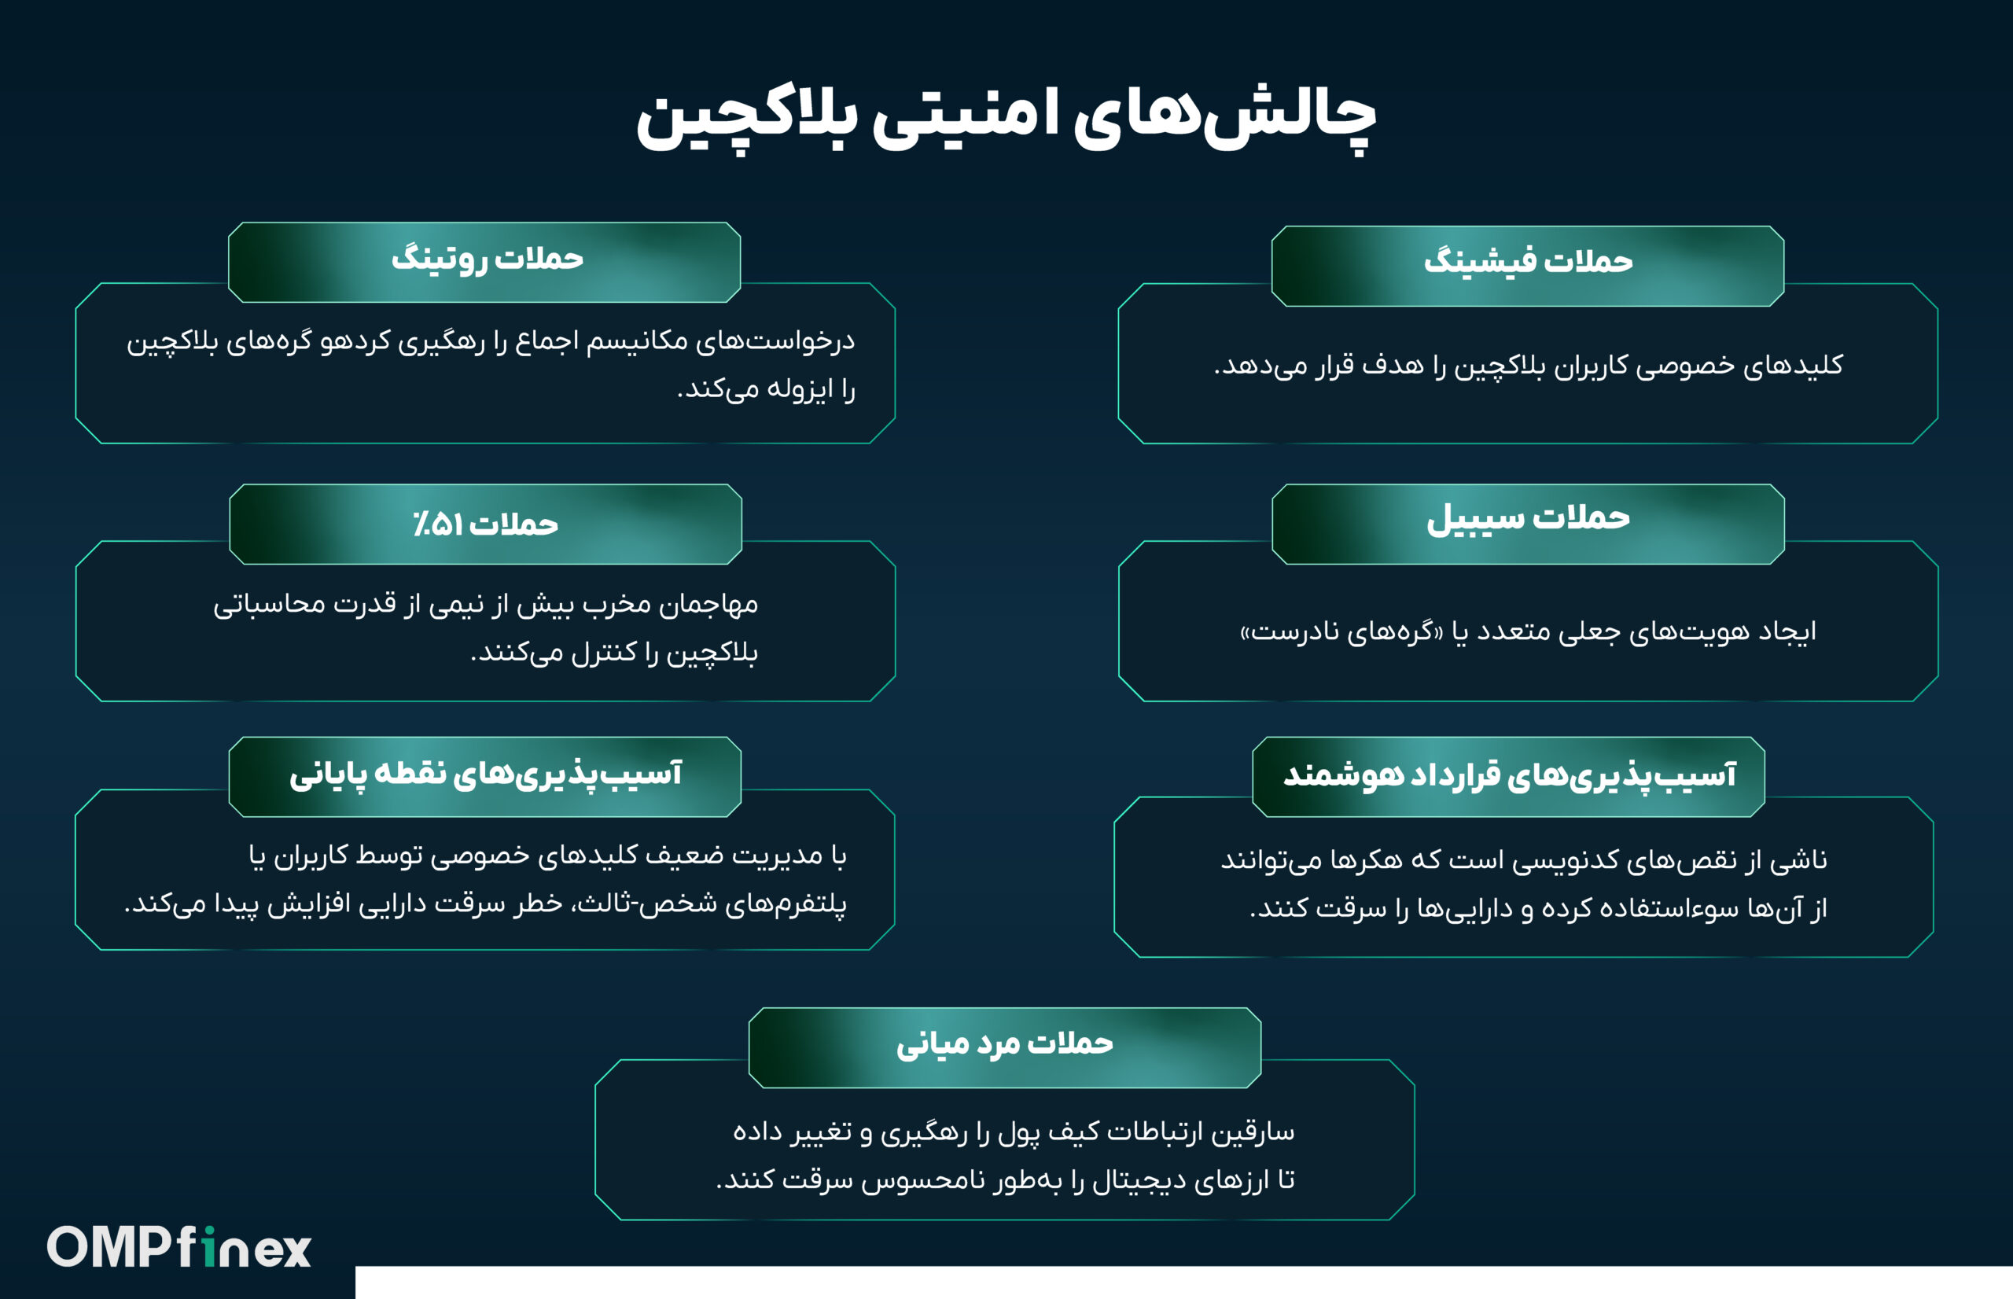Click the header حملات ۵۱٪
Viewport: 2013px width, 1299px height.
486,524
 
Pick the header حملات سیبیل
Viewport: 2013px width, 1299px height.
1528,519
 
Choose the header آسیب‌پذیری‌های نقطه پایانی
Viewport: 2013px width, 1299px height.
485,775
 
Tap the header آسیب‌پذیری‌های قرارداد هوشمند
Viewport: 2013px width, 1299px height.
1510,775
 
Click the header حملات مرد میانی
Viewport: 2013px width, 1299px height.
1004,1044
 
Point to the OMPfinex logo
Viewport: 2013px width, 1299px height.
178,1246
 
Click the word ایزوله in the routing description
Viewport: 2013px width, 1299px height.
778,389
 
